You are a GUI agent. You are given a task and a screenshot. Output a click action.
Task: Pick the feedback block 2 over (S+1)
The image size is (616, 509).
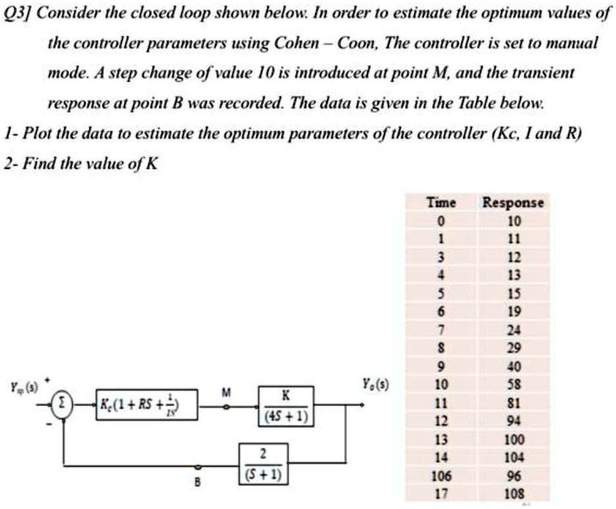pos(263,462)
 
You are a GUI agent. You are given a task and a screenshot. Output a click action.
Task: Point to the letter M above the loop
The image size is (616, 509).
pos(226,392)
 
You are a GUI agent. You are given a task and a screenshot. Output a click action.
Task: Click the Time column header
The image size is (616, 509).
pos(442,203)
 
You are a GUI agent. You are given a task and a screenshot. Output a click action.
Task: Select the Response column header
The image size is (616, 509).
pos(514,203)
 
